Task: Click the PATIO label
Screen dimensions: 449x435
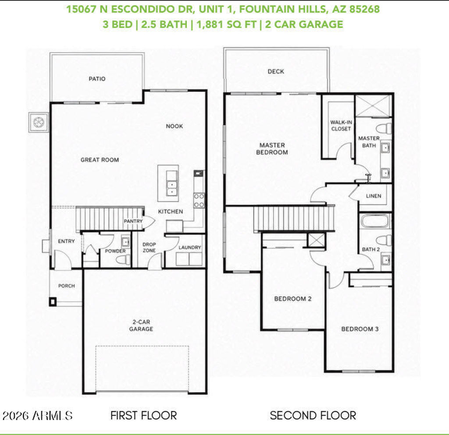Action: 97,79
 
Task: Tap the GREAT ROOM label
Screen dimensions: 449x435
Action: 100,160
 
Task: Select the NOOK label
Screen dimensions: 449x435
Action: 175,126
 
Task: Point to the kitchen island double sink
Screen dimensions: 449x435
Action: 172,187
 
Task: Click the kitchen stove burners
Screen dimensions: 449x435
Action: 199,201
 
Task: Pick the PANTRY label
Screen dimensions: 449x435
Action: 133,221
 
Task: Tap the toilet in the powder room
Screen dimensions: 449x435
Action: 123,260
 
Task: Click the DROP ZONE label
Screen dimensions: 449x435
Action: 149,248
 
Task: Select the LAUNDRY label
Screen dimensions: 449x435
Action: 189,248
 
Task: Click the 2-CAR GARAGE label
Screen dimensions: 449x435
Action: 141,325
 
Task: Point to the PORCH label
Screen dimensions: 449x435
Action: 67,286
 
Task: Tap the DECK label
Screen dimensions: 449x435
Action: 276,71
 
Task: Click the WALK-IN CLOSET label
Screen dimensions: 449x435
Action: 341,126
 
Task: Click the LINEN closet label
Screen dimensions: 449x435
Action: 374,196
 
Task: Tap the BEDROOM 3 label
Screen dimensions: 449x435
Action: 360,329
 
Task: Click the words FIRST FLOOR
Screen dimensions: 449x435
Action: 144,416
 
